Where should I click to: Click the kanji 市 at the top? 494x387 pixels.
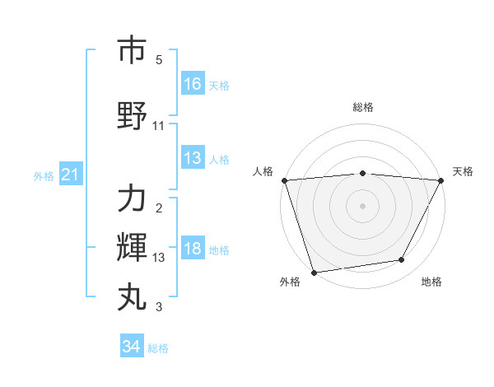[x=132, y=52]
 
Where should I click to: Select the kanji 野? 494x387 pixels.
[x=132, y=116]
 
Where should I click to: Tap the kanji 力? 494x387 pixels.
[x=132, y=198]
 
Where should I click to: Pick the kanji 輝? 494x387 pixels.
[x=132, y=246]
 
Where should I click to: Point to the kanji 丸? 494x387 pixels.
[x=132, y=296]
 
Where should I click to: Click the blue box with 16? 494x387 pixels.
[x=193, y=83]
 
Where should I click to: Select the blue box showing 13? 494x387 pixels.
[x=193, y=159]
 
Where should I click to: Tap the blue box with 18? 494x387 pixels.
[x=193, y=249]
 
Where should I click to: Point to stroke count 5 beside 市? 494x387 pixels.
[x=159, y=60]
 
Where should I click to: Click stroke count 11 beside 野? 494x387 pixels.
[x=159, y=125]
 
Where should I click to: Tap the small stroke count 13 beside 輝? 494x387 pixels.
[x=159, y=257]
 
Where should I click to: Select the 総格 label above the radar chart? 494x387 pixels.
[x=362, y=107]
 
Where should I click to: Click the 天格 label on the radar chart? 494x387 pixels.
[x=464, y=171]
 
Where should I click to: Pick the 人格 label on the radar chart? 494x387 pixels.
[x=263, y=171]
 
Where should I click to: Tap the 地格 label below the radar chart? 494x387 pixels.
[x=431, y=282]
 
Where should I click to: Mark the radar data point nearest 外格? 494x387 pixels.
[x=313, y=272]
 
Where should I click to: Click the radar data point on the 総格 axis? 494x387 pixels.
[x=362, y=173]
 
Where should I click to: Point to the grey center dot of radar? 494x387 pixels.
[x=362, y=205]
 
